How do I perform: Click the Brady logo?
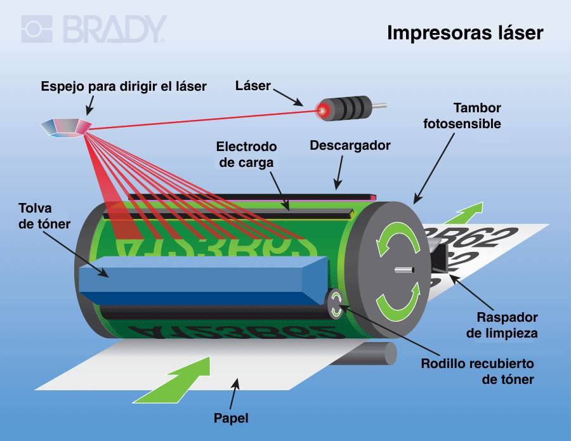tap(94, 29)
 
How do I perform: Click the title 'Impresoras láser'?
tap(465, 33)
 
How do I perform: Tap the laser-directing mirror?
tap(66, 126)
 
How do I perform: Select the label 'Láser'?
tap(253, 86)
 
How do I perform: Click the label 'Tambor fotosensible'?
tap(463, 115)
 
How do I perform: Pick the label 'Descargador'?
tap(350, 145)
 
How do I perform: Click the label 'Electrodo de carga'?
tap(246, 154)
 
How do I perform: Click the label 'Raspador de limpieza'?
tap(506, 324)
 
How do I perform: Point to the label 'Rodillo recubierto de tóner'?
tap(478, 372)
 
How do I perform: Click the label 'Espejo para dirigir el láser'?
tap(124, 86)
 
